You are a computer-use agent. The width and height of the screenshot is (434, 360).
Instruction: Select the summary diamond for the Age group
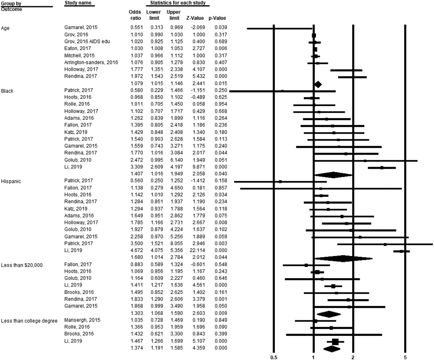(318, 84)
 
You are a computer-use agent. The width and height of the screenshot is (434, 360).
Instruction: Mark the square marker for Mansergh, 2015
(315, 321)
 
